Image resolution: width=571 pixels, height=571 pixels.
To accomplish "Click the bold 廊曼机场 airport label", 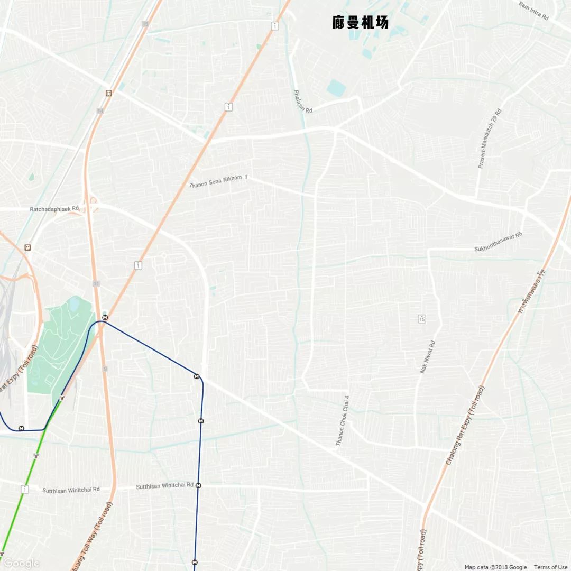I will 361,22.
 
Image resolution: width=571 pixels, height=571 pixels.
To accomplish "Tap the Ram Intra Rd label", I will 533,11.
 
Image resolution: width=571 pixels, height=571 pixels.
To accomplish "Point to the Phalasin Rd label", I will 303,102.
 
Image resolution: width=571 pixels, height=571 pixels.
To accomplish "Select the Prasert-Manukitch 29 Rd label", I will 490,139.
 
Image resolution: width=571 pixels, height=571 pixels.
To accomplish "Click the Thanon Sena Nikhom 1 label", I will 218,181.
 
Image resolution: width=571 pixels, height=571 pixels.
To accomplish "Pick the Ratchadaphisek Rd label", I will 54,209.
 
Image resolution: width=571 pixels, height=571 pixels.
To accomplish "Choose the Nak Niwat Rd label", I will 427,357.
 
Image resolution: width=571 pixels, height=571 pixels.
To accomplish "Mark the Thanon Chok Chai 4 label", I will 343,421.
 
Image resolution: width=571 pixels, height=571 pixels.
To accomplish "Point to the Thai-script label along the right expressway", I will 532,291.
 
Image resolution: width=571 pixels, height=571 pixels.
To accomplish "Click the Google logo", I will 21,563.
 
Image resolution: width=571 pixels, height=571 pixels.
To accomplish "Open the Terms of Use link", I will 550,567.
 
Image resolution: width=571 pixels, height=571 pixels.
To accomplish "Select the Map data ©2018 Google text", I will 495,567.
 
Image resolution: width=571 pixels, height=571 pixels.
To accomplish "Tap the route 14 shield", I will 100,111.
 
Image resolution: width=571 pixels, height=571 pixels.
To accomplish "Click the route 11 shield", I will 96,284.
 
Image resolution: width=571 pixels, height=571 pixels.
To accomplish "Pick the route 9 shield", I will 105,369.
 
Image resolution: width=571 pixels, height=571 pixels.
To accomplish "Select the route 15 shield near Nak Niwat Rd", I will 421,318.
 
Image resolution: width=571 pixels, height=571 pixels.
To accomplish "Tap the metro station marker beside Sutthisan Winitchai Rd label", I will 199,485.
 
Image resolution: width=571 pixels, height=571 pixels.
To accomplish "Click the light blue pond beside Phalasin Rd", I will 336,88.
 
